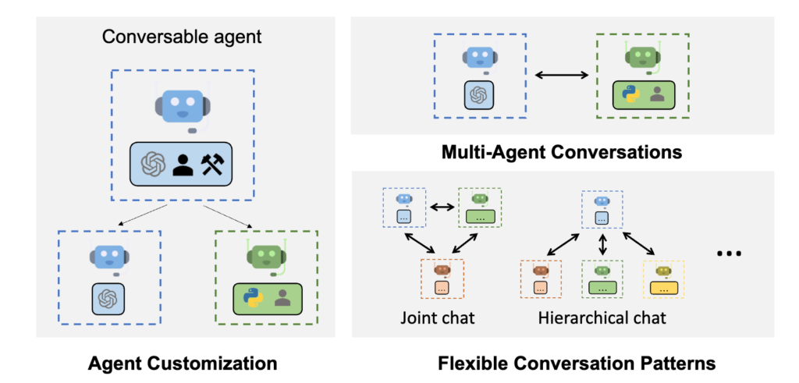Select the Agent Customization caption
coord(183,363)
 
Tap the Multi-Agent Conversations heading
coord(563,151)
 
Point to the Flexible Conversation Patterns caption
coord(577,363)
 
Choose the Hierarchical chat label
coord(602,318)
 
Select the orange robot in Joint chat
coord(443,271)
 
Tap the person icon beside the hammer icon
coord(183,164)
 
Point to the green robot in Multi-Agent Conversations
coord(641,58)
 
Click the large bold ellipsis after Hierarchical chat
coord(727,254)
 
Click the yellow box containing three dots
coord(662,288)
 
